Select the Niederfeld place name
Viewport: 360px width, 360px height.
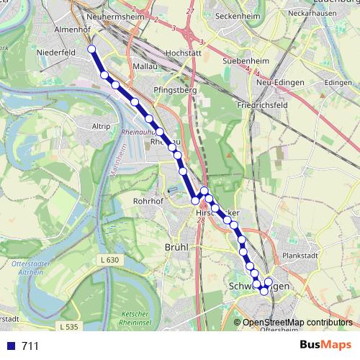pyautogui.click(x=58, y=53)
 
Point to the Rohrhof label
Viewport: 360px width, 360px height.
pyautogui.click(x=148, y=201)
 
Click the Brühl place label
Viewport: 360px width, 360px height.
pyautogui.click(x=176, y=247)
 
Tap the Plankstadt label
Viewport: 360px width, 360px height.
pyautogui.click(x=302, y=255)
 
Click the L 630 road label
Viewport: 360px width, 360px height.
pyautogui.click(x=109, y=259)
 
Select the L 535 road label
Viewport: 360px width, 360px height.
pyautogui.click(x=69, y=327)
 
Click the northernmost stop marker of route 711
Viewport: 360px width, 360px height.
pyautogui.click(x=91, y=49)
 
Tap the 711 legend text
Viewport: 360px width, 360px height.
pyautogui.click(x=30, y=346)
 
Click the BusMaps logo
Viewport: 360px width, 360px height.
pyautogui.click(x=325, y=345)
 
